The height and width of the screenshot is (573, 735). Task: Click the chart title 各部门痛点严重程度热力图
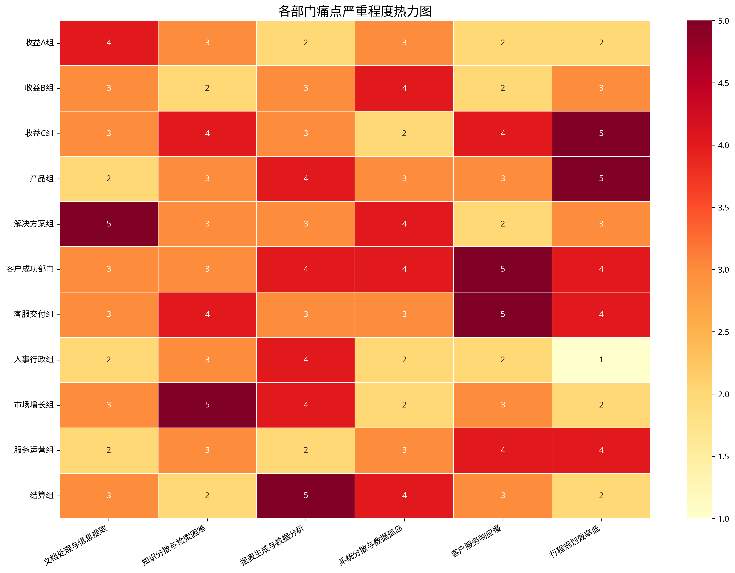click(355, 11)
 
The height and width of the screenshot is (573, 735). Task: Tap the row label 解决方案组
click(34, 224)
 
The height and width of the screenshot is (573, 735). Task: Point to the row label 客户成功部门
click(30, 269)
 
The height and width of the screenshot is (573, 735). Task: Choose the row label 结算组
click(42, 495)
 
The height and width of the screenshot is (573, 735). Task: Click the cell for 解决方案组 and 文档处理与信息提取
click(109, 224)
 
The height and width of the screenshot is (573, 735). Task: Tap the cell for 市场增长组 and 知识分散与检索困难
click(207, 405)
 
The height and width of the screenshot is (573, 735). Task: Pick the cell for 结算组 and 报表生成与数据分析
click(306, 495)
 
